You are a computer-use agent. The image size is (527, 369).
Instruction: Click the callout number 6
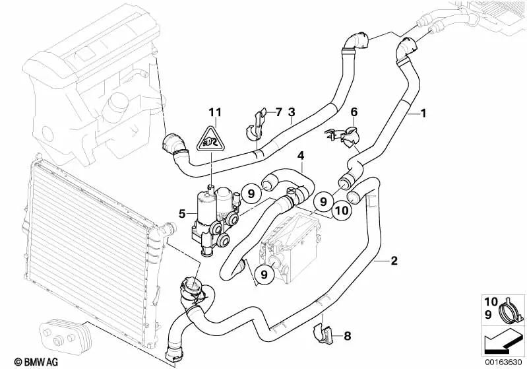coord(354,112)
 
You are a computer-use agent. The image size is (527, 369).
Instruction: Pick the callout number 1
coord(424,114)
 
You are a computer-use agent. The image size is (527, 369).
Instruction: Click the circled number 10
coord(341,211)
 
